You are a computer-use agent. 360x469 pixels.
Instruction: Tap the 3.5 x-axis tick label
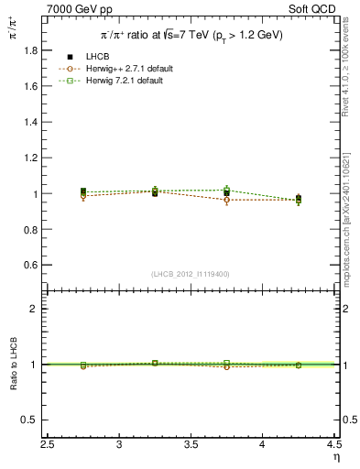[x=191, y=444]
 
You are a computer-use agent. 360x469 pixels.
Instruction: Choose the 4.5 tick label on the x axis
[x=333, y=444]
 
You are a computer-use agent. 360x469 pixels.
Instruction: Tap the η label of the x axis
[x=335, y=457]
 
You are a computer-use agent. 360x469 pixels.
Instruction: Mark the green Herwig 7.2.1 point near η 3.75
[x=226, y=190]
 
